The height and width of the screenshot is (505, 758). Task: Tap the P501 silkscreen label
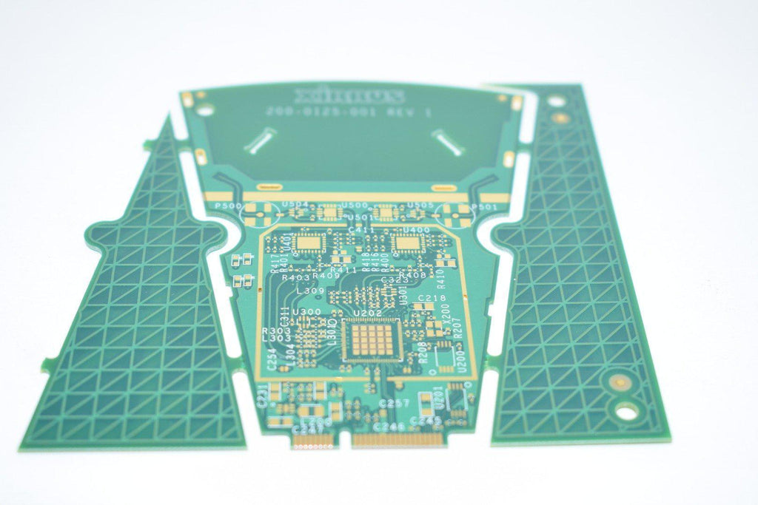click(485, 207)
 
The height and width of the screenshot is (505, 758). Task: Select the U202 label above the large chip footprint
click(368, 313)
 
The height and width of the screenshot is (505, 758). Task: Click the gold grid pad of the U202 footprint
click(372, 340)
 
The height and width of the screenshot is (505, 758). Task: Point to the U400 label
click(416, 230)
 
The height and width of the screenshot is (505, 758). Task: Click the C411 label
click(360, 230)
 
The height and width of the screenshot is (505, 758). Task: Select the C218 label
click(432, 298)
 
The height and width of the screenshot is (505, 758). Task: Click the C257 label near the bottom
click(393, 403)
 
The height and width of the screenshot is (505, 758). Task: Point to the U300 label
click(306, 312)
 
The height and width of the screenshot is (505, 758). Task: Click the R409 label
click(326, 277)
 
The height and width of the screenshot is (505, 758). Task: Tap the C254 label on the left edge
click(272, 359)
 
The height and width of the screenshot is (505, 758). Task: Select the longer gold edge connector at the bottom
click(398, 439)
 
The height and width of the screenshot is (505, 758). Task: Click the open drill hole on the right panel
click(626, 413)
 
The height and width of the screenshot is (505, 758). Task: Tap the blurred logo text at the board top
click(349, 96)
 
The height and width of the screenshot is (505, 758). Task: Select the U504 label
click(295, 203)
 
